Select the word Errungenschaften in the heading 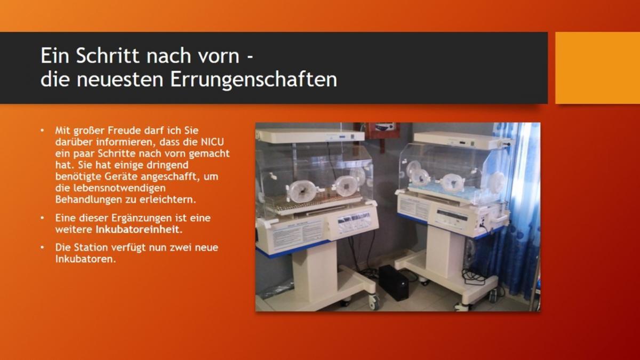[254, 80]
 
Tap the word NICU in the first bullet [213, 142]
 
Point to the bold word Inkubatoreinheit [139, 229]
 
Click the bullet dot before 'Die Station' [42, 247]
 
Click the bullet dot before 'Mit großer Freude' [42, 131]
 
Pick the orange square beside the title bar [597, 68]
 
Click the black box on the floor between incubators [394, 282]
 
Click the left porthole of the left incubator [301, 191]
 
